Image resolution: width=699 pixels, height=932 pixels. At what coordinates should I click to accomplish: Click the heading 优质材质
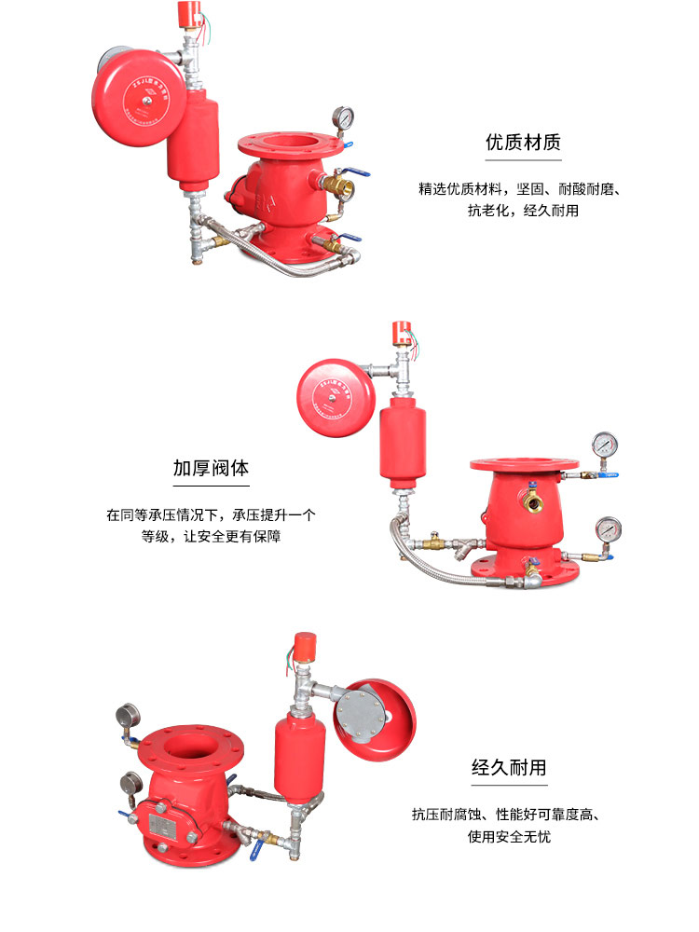click(x=523, y=143)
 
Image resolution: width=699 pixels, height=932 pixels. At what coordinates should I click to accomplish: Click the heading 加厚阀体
click(x=211, y=467)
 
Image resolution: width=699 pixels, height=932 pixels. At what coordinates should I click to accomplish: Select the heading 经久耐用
click(x=509, y=768)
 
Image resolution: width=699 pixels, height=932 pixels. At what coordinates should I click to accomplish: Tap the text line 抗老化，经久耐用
click(x=523, y=211)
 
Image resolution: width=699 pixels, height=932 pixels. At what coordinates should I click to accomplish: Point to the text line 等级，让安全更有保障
click(x=211, y=536)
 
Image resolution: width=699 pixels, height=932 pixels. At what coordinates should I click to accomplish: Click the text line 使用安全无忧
click(x=509, y=836)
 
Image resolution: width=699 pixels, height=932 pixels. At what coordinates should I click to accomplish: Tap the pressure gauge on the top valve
click(x=342, y=118)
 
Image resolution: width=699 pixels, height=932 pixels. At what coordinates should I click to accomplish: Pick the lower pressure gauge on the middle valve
click(x=610, y=529)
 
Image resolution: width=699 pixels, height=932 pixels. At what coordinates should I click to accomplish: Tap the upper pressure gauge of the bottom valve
click(x=126, y=716)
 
